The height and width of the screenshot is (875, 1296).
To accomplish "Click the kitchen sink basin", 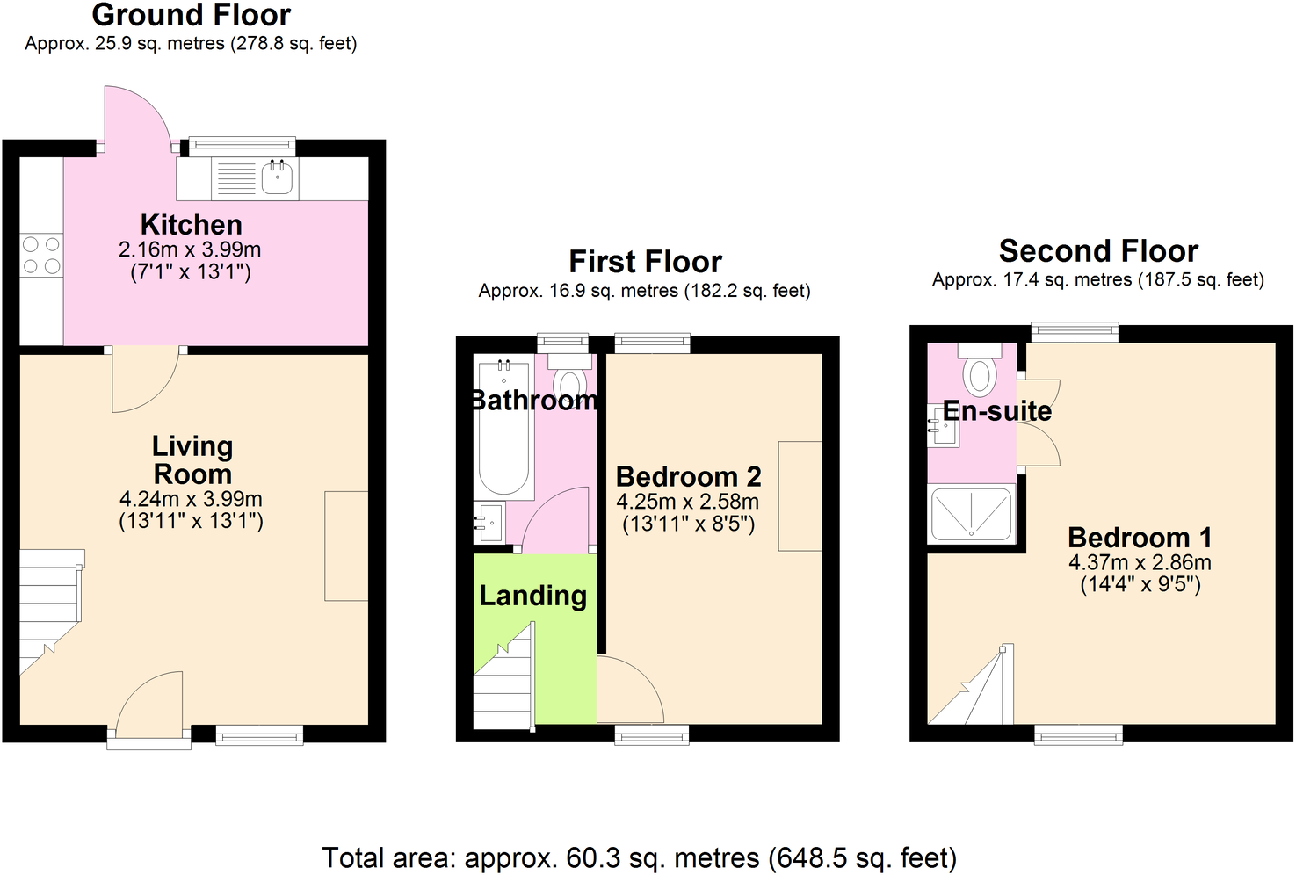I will tap(278, 178).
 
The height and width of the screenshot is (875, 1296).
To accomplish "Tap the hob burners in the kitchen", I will tap(41, 255).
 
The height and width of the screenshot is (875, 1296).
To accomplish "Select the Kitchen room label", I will tap(191, 225).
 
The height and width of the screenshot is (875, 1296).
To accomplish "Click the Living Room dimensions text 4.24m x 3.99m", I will tap(191, 499).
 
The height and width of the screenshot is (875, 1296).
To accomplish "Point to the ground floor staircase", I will tap(50, 606).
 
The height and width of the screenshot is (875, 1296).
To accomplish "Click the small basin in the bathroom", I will tap(489, 524).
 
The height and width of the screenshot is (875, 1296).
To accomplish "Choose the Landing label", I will tap(532, 596).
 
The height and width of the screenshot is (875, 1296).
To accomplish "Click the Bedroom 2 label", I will tap(688, 477).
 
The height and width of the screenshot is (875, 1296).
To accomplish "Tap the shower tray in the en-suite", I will tap(971, 514).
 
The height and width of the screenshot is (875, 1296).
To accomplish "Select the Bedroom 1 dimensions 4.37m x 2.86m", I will tap(1140, 562).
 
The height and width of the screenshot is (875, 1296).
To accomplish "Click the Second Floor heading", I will tap(1098, 251).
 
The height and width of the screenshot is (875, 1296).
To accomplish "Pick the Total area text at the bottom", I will tap(639, 857).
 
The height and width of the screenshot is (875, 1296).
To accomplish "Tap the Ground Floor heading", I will tap(191, 15).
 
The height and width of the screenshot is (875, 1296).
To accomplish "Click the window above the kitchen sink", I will tap(242, 146).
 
